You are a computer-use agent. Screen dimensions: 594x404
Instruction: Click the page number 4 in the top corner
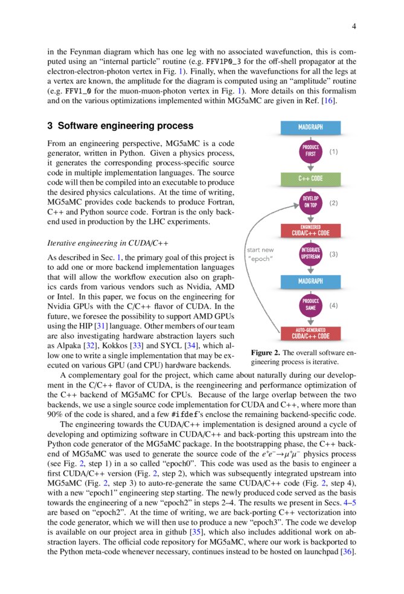coord(354,26)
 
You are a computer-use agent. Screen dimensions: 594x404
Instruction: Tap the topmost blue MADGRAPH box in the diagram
coord(310,127)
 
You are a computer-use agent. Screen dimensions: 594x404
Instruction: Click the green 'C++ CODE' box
coord(310,179)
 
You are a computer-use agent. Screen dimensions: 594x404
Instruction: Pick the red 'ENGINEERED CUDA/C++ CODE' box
coord(310,230)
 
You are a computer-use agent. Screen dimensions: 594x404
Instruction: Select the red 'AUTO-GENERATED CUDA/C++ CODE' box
coord(310,333)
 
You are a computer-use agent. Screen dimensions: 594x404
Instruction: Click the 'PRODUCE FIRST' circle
coord(310,152)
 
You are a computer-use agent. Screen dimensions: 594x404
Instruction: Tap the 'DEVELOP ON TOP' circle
coord(310,203)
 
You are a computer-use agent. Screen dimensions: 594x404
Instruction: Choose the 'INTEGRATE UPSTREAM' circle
coord(310,254)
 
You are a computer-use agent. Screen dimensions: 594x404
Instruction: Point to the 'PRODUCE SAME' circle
coord(310,305)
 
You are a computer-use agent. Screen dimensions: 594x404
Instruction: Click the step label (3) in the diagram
coord(334,254)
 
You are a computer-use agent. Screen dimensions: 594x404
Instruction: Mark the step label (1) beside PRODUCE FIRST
coord(334,152)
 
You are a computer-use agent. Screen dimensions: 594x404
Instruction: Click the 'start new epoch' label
coord(261,254)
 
